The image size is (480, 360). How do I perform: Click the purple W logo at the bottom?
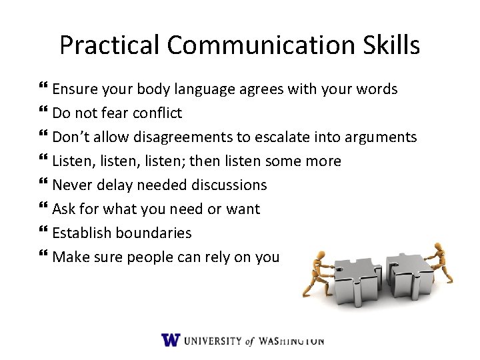(171, 339)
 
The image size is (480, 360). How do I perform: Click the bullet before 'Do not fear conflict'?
(44, 113)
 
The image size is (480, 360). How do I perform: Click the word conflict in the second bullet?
(158, 113)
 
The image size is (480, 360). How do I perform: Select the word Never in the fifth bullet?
(70, 185)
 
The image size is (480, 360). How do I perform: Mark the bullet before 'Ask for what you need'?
(44, 209)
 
